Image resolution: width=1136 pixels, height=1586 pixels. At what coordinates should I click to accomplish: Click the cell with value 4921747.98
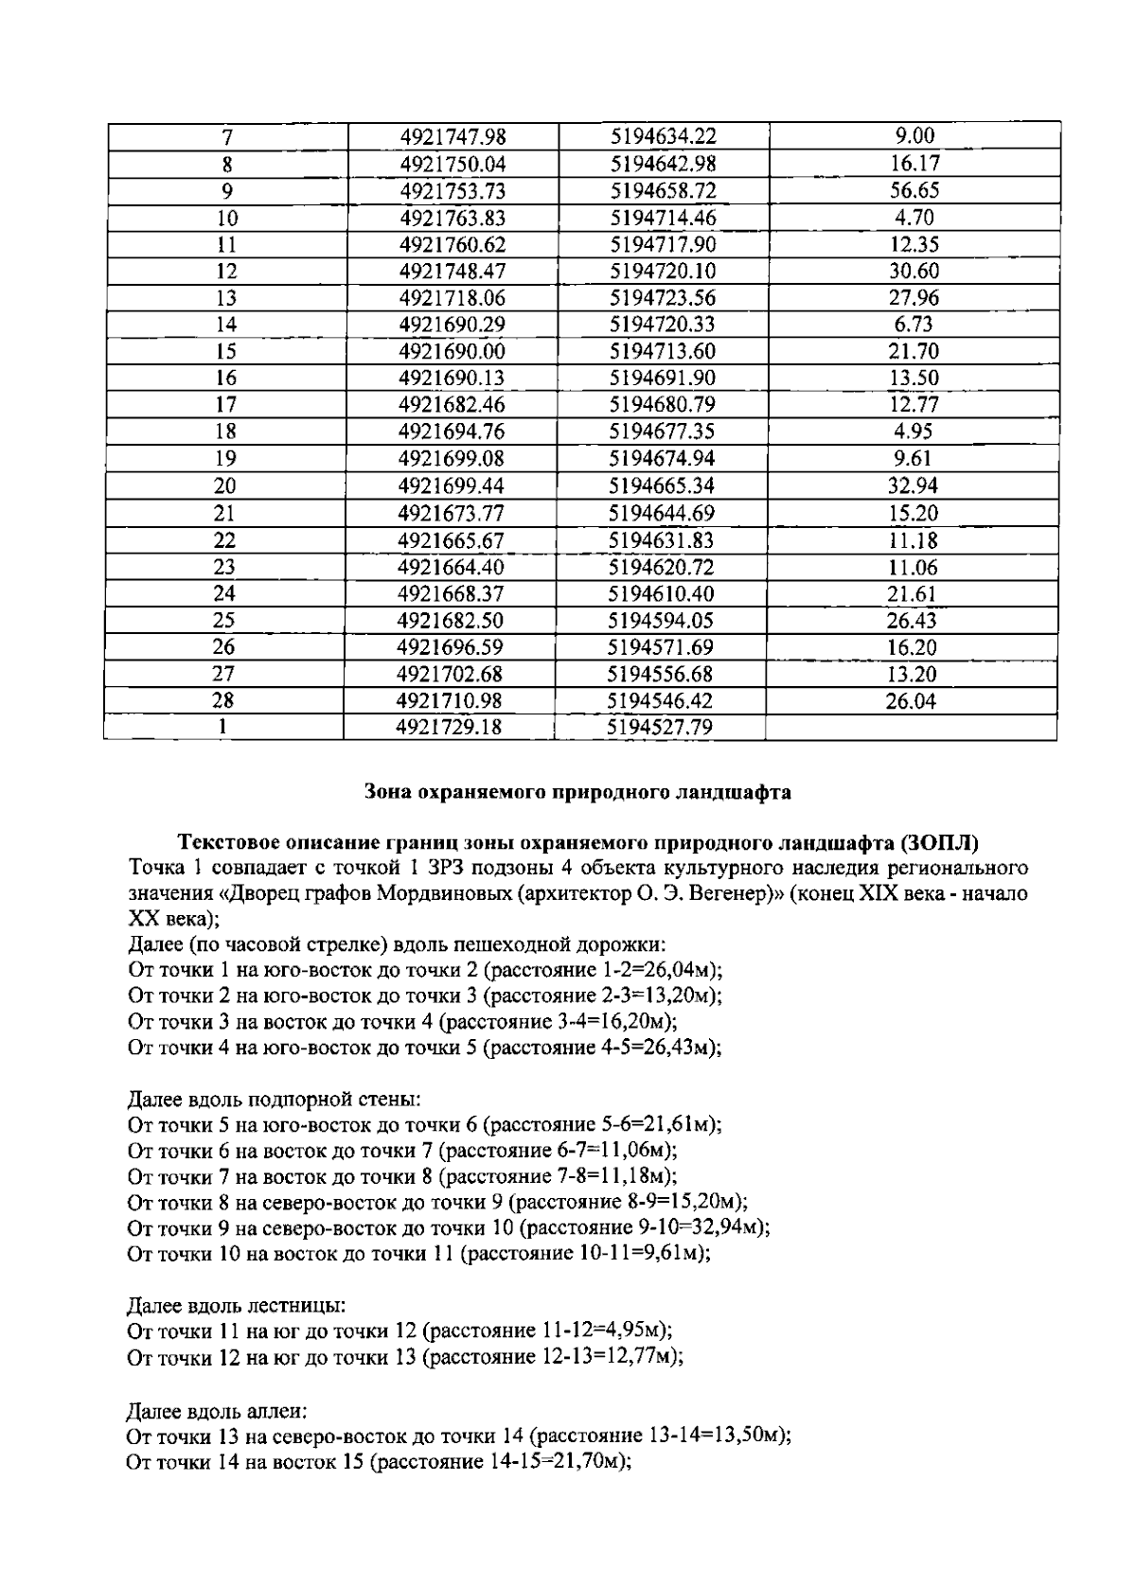click(x=453, y=136)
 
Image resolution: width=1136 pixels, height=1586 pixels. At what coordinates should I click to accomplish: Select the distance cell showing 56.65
click(x=914, y=190)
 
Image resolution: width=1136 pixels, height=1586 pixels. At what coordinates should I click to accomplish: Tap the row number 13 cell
click(x=226, y=298)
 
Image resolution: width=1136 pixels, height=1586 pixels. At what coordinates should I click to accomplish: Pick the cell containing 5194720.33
click(x=663, y=325)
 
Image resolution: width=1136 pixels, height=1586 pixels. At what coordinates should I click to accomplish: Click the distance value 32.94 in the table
click(x=914, y=486)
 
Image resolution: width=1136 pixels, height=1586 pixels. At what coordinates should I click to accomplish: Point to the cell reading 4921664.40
click(x=452, y=568)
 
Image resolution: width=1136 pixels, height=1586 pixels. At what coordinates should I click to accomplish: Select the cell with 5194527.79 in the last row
click(x=659, y=728)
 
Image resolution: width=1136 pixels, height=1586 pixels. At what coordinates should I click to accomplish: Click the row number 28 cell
click(x=224, y=701)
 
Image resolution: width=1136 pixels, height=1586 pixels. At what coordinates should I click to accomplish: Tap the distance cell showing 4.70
click(x=914, y=218)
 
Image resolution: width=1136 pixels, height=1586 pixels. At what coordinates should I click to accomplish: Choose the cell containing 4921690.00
click(x=452, y=352)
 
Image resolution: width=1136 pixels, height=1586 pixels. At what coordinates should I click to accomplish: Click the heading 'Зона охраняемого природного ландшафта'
click(x=577, y=793)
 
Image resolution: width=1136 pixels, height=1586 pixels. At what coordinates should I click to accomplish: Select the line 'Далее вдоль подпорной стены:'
click(x=275, y=1100)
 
